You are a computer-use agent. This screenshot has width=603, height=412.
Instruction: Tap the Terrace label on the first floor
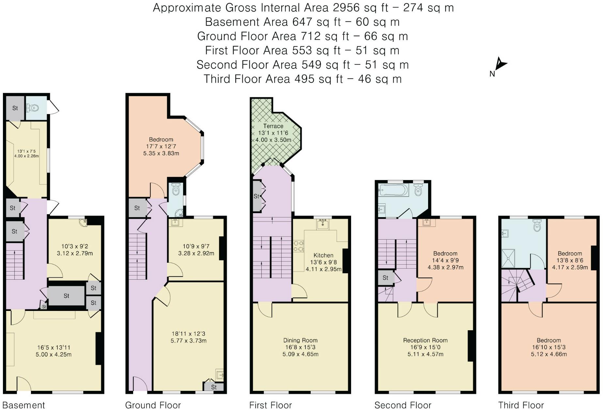pos(273,126)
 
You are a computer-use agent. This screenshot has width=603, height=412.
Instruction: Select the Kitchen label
pos(323,255)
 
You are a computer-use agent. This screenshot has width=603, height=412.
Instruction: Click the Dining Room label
pos(300,340)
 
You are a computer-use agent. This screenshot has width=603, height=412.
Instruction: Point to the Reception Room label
pos(425,340)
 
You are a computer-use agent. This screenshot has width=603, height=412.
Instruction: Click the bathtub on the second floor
pos(393,190)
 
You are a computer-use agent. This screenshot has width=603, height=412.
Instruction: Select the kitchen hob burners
pos(299,246)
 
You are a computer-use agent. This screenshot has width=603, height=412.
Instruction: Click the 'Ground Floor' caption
pos(153,405)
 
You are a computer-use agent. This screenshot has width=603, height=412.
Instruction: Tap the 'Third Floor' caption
pos(521,405)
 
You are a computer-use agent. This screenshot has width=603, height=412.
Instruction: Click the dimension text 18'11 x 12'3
pos(189,334)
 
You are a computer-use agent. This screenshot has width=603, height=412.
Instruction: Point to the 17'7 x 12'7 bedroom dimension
pos(161,146)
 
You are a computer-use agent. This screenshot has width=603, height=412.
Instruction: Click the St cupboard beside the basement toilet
pos(15,108)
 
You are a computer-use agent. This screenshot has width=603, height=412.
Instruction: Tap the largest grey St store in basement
pos(66,296)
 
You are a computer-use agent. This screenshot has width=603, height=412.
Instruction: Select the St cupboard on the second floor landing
pos(385,278)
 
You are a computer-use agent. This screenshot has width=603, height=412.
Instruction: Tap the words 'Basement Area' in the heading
pos(246,22)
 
